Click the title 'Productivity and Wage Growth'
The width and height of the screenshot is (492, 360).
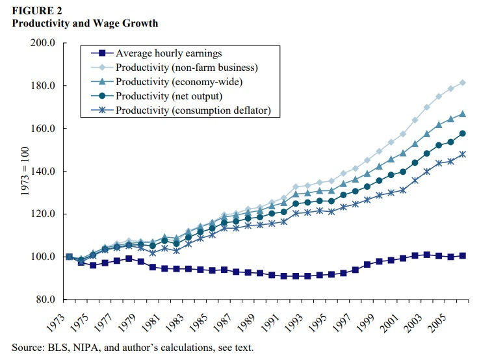(84, 23)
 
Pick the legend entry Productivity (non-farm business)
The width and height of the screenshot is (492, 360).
(187, 68)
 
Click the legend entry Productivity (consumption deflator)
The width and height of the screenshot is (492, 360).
(197, 110)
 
